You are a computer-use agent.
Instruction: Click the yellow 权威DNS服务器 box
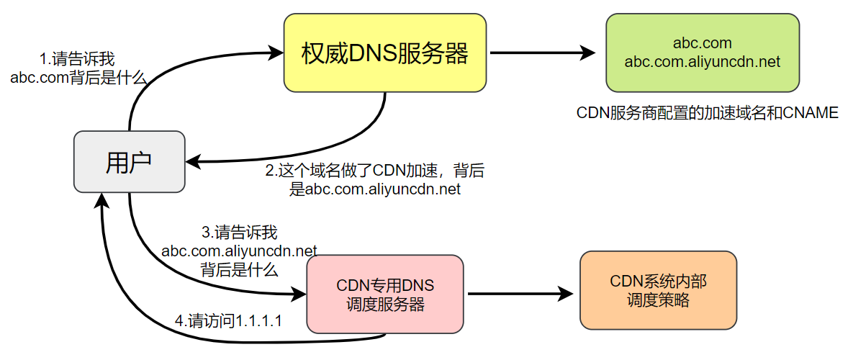tap(385, 53)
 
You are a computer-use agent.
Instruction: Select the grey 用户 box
tap(130, 162)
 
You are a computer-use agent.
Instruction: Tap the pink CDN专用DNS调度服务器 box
tap(385, 294)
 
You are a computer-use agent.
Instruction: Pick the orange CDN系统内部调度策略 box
tap(658, 290)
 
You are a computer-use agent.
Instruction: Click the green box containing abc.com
tap(702, 53)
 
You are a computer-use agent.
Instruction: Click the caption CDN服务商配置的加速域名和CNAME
tap(708, 113)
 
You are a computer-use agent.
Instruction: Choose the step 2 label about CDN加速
tap(374, 180)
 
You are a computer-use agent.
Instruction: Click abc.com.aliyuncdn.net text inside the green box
tap(702, 63)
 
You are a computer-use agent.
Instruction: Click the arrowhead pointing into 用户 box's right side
tap(192, 161)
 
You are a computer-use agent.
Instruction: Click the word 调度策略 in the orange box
tap(658, 300)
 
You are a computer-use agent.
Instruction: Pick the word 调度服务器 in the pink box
tap(385, 304)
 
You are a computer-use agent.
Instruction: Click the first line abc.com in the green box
tap(702, 44)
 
